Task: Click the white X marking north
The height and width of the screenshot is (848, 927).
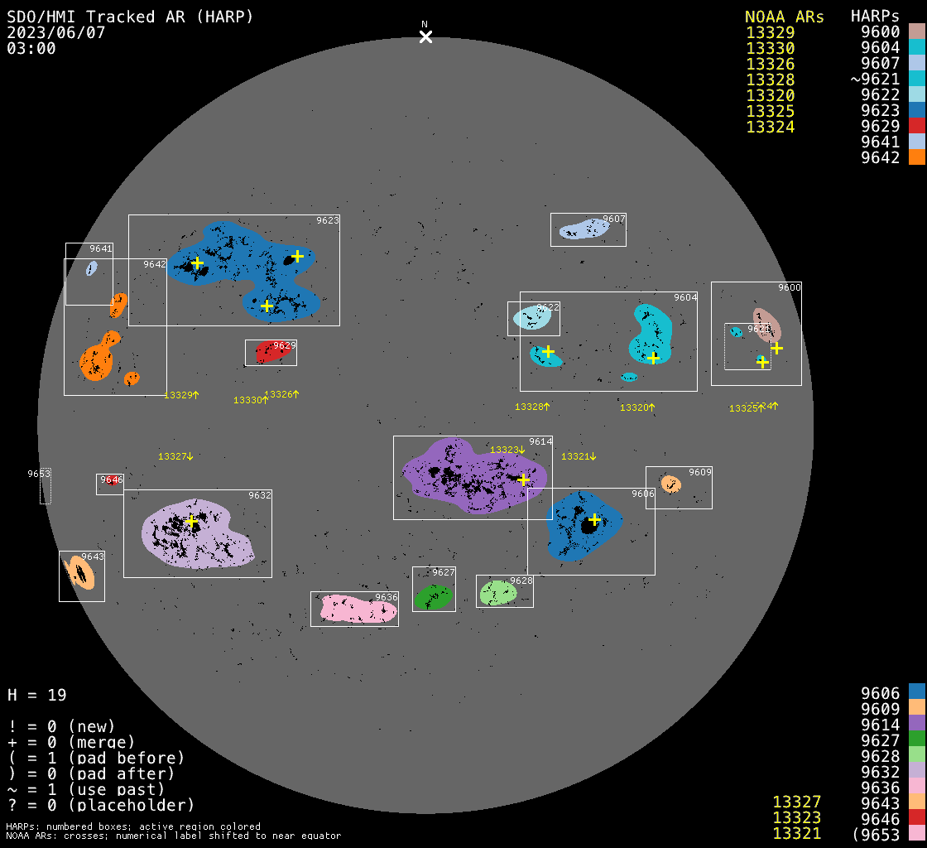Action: (x=425, y=36)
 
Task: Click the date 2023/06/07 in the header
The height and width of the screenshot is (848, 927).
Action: (x=55, y=32)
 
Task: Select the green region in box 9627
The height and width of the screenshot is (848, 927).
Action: (x=433, y=597)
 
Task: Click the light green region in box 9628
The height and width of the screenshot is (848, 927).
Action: (x=497, y=593)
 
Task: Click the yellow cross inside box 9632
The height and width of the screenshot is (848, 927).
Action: (x=191, y=521)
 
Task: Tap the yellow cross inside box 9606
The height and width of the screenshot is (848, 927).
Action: (x=593, y=519)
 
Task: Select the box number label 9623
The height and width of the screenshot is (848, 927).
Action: (x=328, y=220)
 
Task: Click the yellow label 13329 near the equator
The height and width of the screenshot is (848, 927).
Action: (x=178, y=396)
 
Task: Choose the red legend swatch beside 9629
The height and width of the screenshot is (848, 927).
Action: (x=916, y=126)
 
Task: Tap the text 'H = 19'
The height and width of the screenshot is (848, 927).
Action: (x=37, y=695)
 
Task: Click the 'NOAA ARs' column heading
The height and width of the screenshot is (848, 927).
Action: (x=784, y=17)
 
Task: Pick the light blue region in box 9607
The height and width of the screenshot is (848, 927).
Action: (x=584, y=229)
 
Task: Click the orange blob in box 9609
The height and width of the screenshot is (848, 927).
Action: (x=670, y=483)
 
